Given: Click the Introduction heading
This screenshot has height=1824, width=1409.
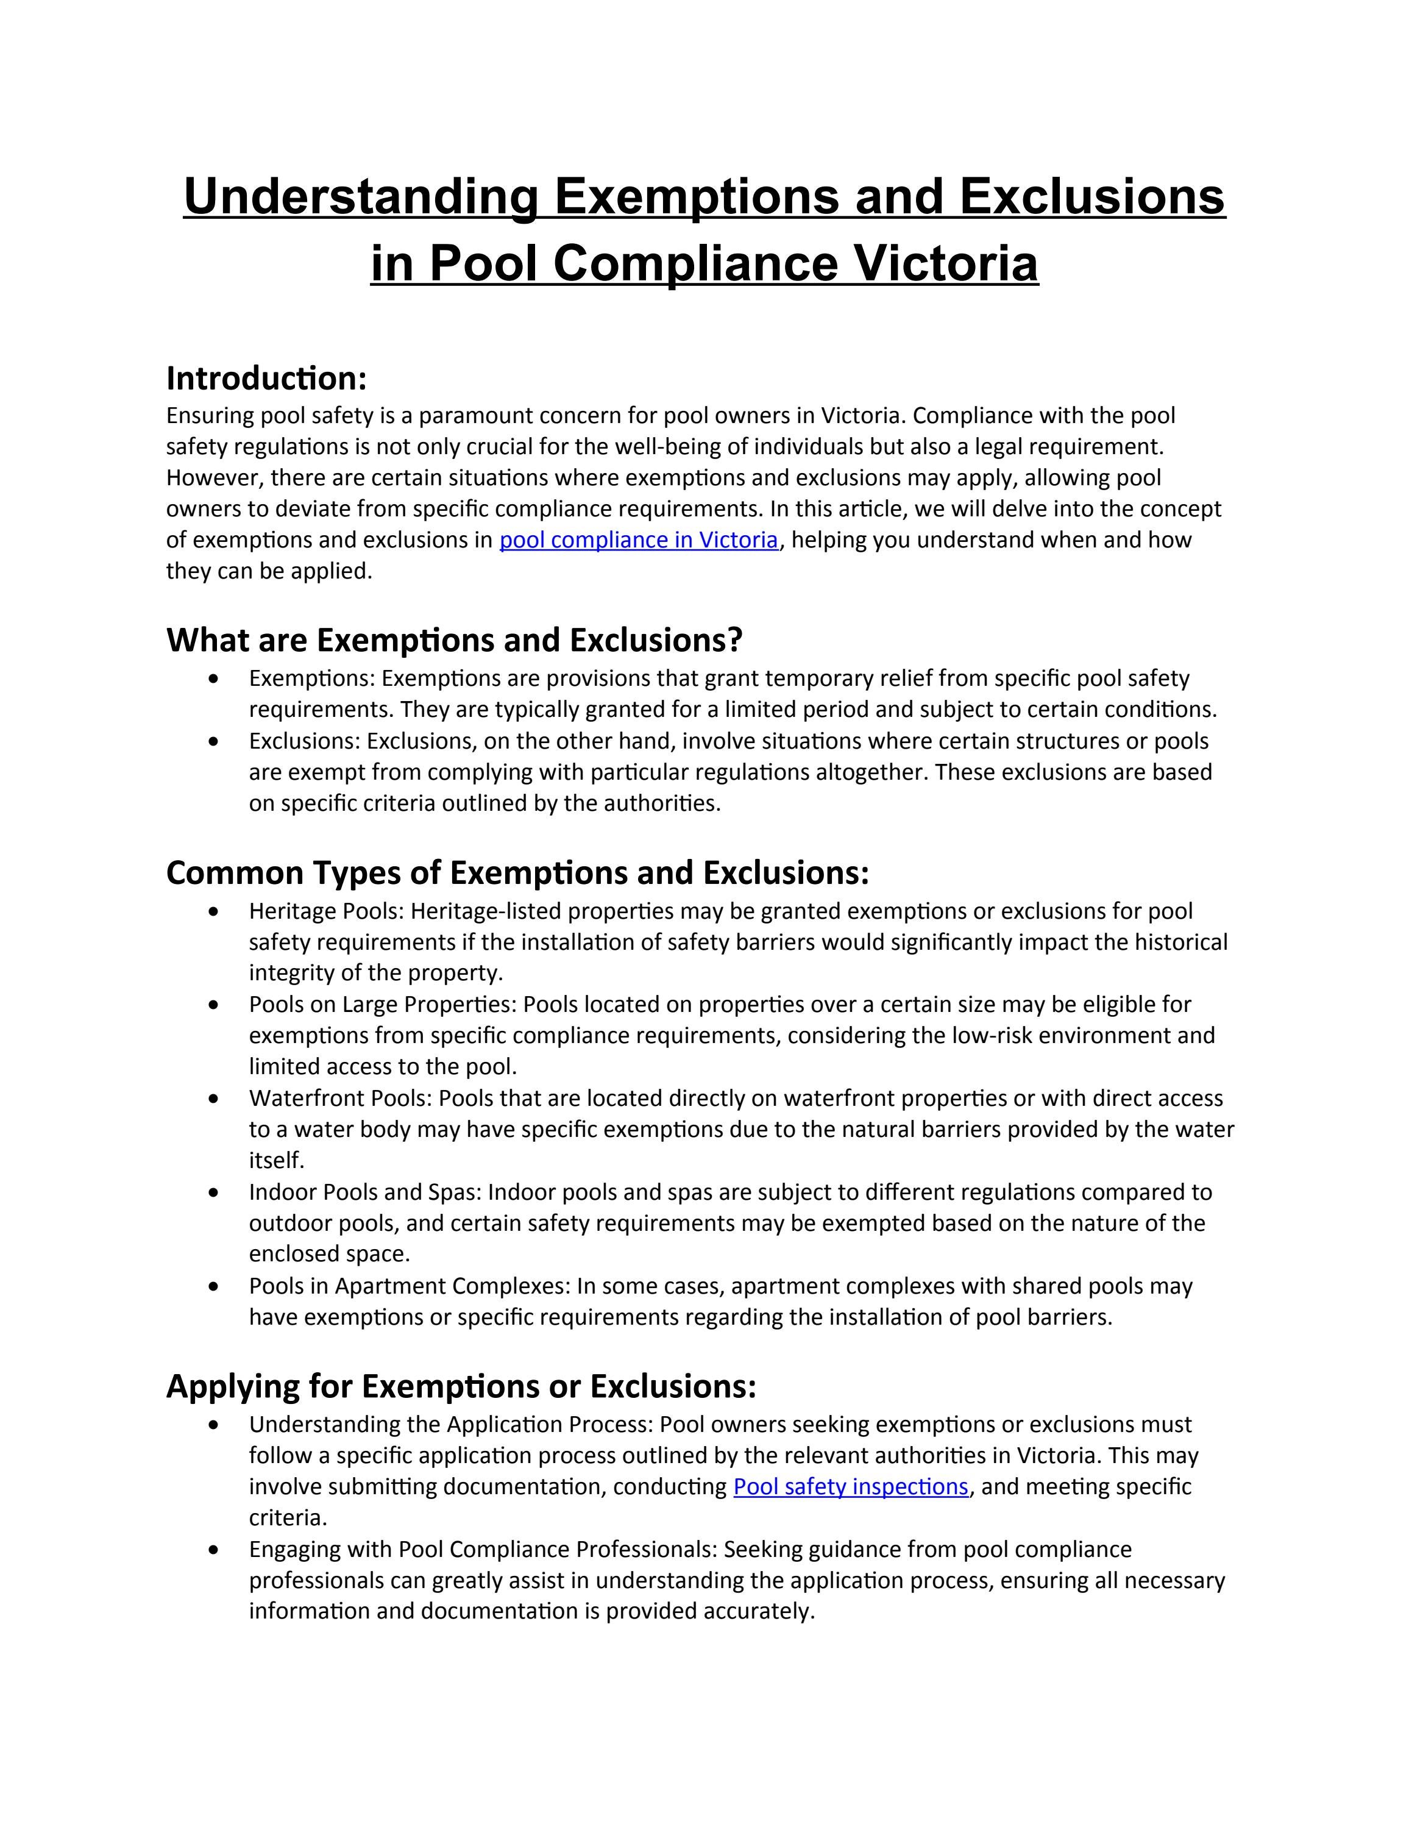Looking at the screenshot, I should [266, 379].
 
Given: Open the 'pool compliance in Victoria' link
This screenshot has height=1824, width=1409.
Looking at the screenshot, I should [639, 540].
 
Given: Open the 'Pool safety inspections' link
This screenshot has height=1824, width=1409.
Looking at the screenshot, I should [851, 1487].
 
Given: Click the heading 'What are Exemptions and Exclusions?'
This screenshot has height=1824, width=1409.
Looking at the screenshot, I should [454, 639].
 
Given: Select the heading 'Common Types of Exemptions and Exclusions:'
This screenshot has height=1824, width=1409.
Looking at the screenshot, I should [517, 873].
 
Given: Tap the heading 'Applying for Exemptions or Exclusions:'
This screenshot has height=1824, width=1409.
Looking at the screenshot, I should [461, 1386].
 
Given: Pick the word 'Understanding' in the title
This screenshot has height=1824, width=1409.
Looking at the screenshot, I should [361, 196].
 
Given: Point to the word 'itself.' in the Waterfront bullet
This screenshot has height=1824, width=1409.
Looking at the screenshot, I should [276, 1161].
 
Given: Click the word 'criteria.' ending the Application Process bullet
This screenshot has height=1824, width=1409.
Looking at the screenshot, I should [288, 1517].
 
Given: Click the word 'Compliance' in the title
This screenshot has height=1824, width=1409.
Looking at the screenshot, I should [695, 263].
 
